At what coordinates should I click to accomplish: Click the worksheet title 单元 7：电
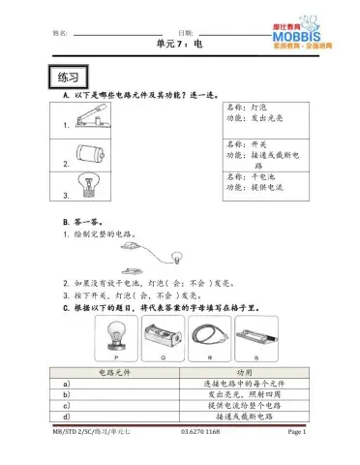(179, 45)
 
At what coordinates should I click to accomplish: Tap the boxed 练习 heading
(68, 76)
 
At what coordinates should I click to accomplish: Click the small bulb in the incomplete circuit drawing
(175, 258)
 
